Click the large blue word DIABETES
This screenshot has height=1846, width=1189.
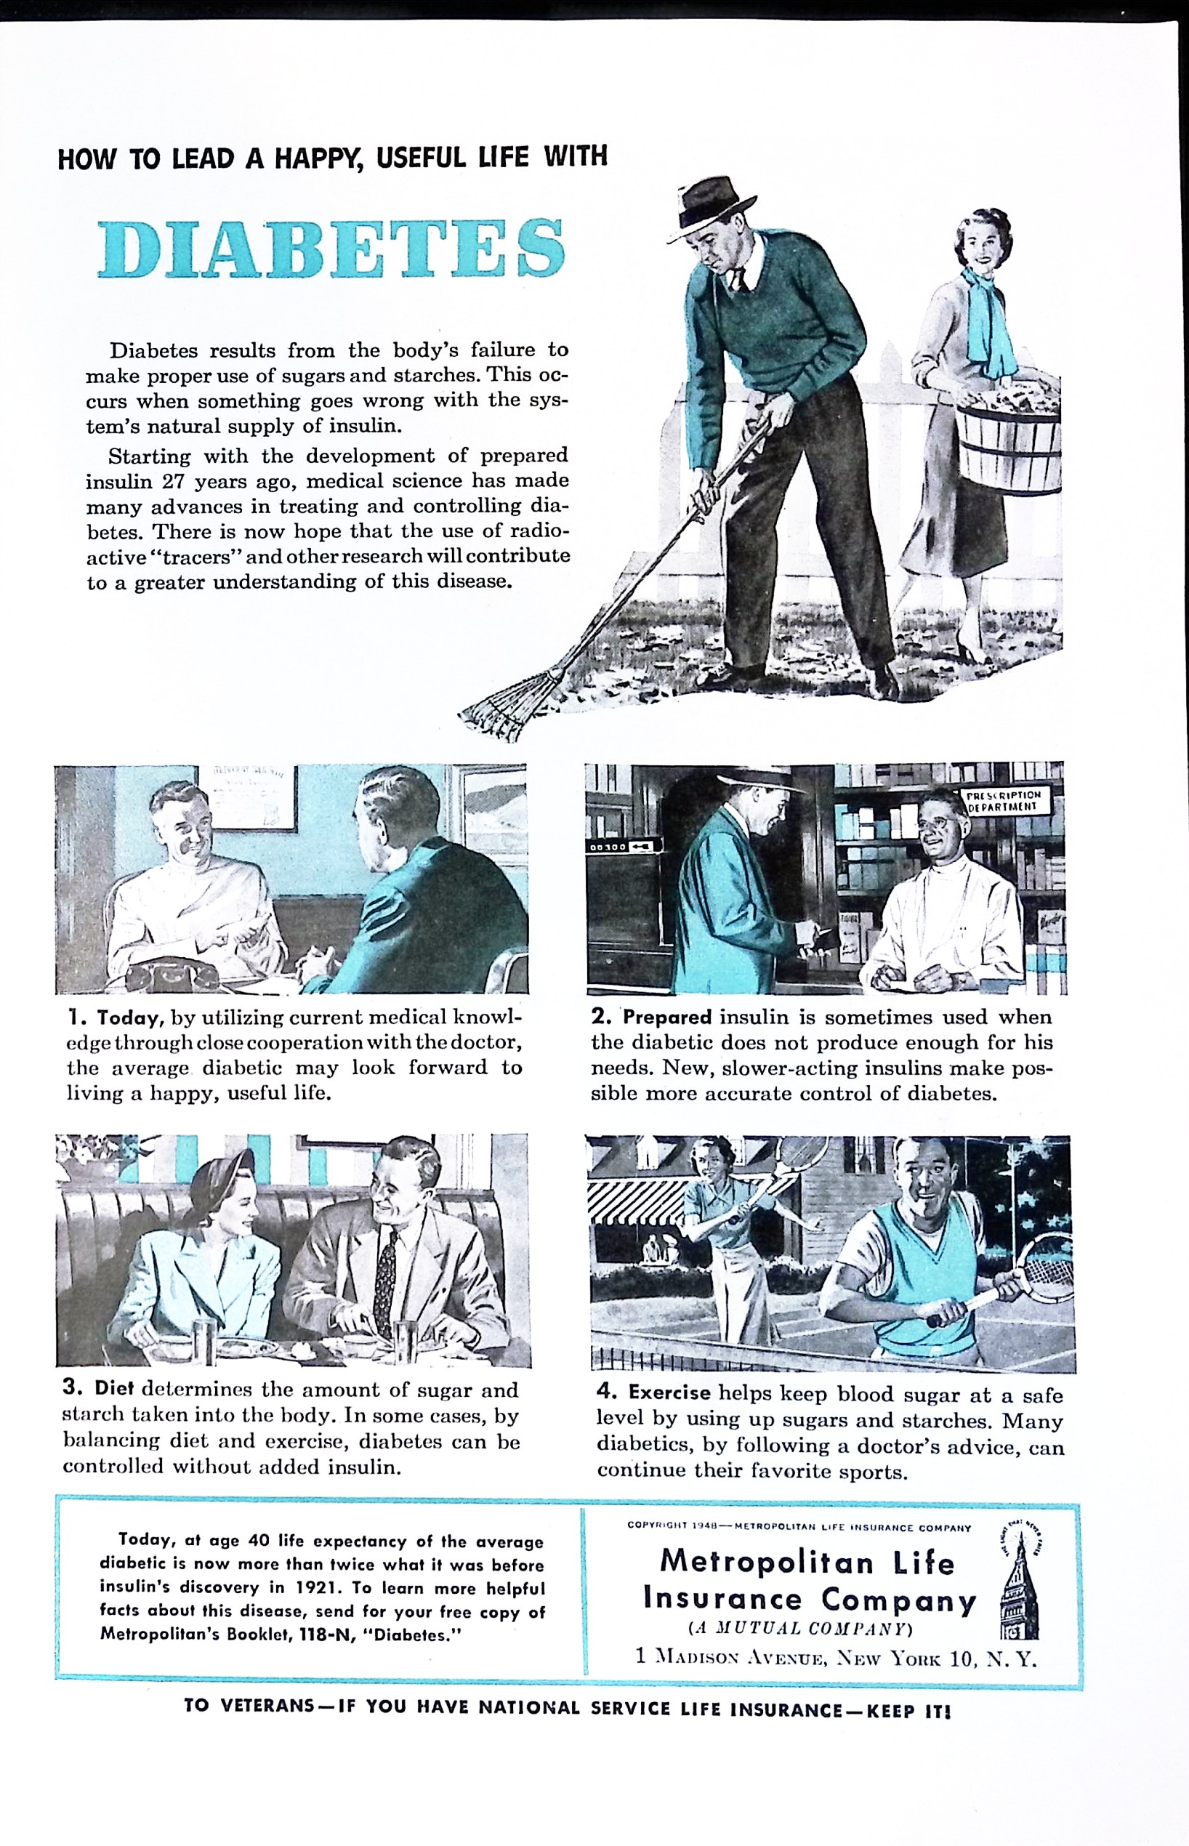click(331, 249)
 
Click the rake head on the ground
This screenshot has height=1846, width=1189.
click(502, 705)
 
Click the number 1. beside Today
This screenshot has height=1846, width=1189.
click(76, 1018)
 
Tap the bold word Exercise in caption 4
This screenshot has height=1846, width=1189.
click(669, 1393)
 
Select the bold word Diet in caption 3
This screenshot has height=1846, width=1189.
click(114, 1388)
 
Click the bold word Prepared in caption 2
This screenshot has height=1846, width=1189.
click(667, 1017)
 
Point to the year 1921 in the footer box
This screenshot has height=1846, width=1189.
click(313, 1587)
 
